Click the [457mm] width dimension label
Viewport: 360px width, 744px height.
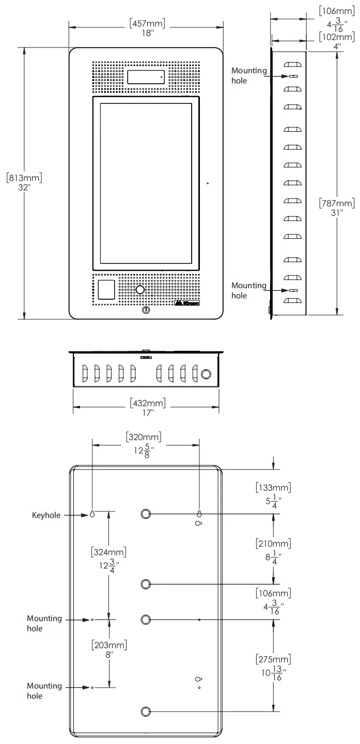tap(146, 23)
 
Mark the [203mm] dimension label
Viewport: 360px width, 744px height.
tap(109, 645)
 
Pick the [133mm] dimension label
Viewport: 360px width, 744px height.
tap(273, 487)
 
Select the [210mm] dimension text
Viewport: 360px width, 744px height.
tap(273, 543)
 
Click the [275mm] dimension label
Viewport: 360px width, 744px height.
tap(273, 659)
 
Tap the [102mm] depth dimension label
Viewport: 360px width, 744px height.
tap(337, 37)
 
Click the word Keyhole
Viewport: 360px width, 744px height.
tap(46, 515)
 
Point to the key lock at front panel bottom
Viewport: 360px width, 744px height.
tap(146, 311)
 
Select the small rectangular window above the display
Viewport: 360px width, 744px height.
tap(146, 77)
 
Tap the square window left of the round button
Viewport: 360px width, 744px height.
tap(106, 290)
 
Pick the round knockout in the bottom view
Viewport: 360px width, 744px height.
tap(206, 373)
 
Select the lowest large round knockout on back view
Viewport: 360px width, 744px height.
tap(146, 711)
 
